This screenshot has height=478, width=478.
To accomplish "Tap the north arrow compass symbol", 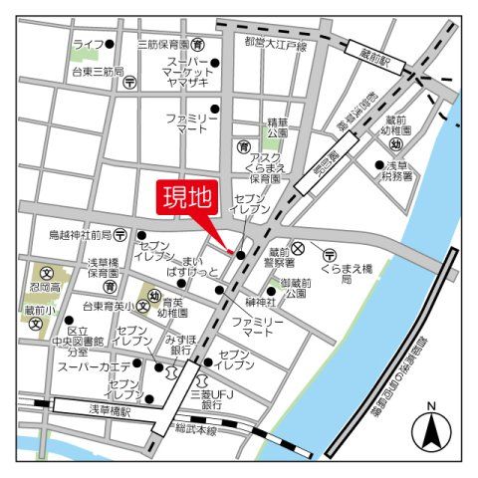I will coord(431,430).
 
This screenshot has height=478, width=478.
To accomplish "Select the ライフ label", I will coord(89,45).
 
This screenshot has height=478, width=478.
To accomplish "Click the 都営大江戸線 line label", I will coord(275,45).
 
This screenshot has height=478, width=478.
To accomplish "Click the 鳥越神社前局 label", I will coord(80,235).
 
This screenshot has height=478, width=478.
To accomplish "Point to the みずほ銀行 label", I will coord(180,345).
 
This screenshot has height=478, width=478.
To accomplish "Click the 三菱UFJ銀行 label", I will coord(210,398).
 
